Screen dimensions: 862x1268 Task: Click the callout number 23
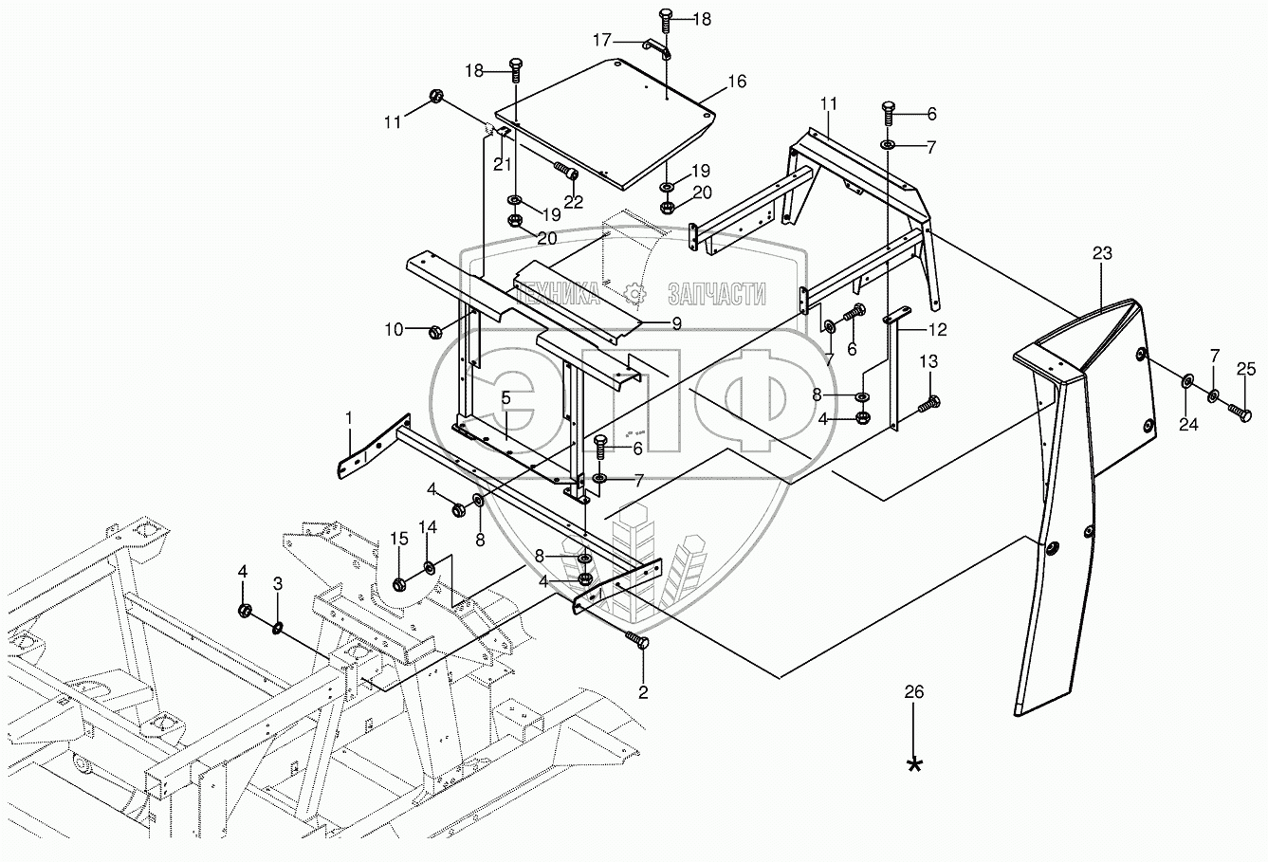(1101, 253)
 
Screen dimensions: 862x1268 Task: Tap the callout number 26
(913, 692)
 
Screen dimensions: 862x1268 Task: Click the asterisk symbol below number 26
(914, 764)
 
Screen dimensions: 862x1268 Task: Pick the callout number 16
(737, 83)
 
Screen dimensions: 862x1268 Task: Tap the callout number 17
(603, 40)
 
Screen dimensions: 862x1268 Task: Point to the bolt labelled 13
(928, 404)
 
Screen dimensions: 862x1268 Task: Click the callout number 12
(936, 330)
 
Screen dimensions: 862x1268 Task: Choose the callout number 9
(676, 323)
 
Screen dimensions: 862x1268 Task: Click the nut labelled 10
(436, 331)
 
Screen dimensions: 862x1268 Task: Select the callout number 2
(643, 692)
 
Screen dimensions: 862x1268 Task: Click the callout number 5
(506, 398)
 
